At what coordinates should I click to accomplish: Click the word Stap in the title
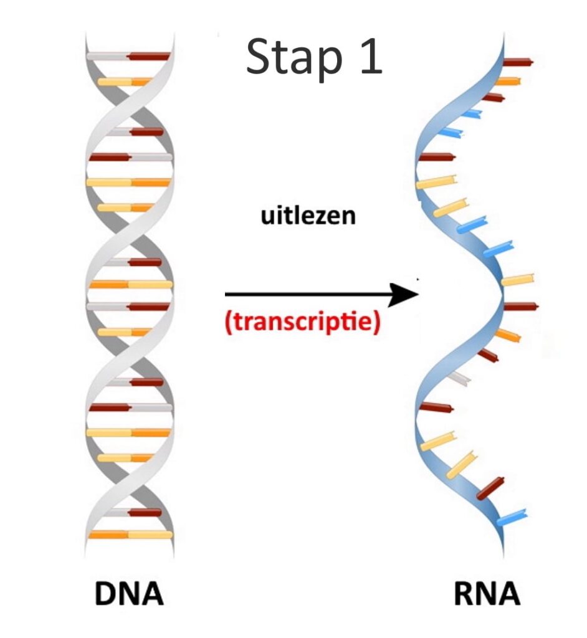tap(294, 58)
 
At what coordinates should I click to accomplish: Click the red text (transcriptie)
tap(303, 323)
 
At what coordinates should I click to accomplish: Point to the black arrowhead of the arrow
tap(403, 294)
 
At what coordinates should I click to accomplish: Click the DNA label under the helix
tap(129, 594)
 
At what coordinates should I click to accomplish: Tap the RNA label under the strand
tap(487, 594)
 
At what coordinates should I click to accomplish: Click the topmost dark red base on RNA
tap(518, 62)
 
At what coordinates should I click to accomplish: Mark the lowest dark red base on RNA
tap(490, 488)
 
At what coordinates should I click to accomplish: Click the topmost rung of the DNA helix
tap(128, 56)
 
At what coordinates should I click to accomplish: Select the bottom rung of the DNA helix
tap(130, 534)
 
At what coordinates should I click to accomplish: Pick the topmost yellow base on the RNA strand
tap(436, 181)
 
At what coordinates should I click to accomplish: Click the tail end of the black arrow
tap(225, 294)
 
